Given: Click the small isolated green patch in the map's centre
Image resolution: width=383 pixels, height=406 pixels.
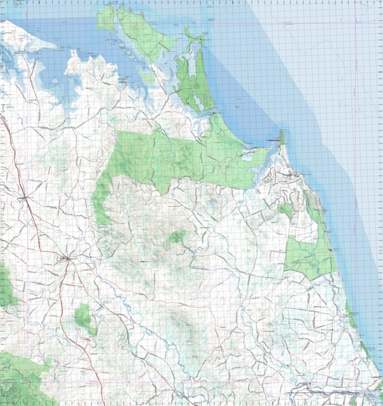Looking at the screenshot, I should [178, 236].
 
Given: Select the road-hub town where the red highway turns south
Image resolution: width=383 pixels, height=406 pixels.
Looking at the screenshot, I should [67, 258].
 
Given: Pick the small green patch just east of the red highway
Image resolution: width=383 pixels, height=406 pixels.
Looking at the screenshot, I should [84, 318].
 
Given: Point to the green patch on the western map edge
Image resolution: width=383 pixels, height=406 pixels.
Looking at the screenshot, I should [6, 286].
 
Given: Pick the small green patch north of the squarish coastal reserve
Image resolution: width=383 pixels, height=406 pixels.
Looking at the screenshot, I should [285, 210].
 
